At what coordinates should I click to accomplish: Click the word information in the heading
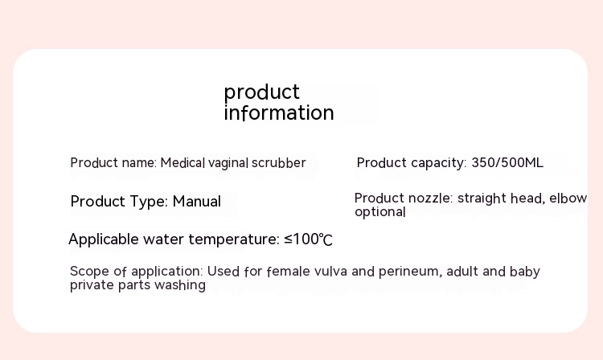click(279, 112)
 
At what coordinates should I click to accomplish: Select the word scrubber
click(278, 162)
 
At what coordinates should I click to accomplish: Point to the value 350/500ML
click(507, 162)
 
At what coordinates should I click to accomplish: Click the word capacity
click(438, 163)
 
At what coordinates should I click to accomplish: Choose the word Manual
click(196, 202)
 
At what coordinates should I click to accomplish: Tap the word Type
click(149, 202)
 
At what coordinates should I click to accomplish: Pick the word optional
click(380, 212)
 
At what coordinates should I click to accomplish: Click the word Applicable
click(104, 239)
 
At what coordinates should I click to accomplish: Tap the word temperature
click(234, 239)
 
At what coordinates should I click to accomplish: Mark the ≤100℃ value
click(308, 239)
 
